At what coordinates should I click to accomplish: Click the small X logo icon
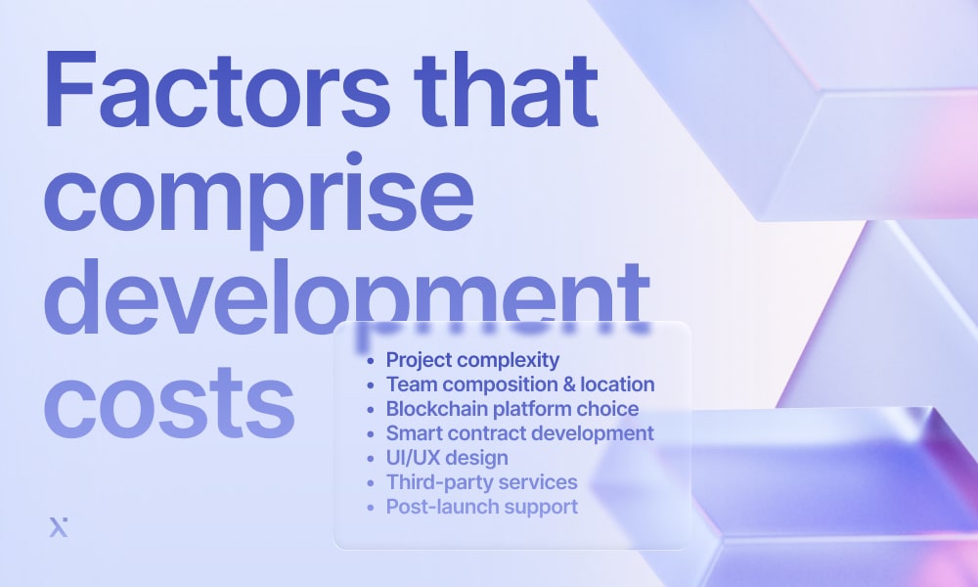click(x=58, y=527)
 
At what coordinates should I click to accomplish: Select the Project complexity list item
click(x=472, y=359)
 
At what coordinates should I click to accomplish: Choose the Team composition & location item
click(x=519, y=384)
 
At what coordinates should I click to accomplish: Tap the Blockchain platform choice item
click(x=511, y=409)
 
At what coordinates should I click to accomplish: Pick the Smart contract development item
click(x=519, y=433)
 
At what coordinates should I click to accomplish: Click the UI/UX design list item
click(x=446, y=458)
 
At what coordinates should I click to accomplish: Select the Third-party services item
click(x=481, y=482)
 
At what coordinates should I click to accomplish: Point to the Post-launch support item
click(x=481, y=507)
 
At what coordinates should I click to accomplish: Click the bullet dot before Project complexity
click(x=370, y=361)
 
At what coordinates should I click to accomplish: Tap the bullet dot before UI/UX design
click(x=370, y=459)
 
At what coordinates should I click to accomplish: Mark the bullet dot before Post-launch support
click(x=370, y=508)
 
